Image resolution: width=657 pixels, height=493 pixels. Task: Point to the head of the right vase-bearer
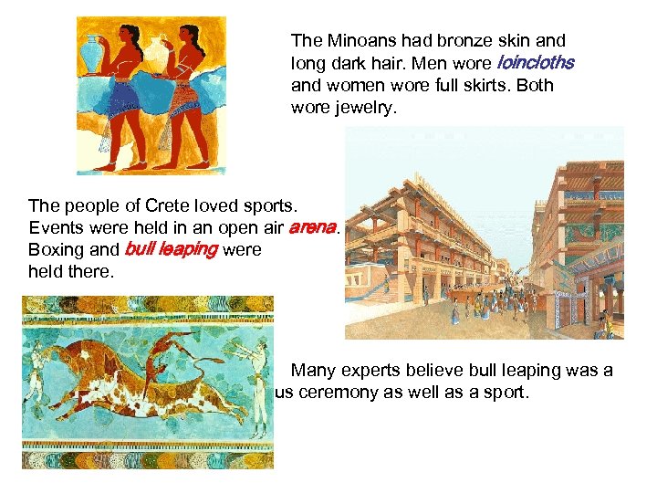(x=191, y=37)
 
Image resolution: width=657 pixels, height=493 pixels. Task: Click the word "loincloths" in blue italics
(x=535, y=64)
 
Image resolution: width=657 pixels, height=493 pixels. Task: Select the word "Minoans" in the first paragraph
(x=357, y=41)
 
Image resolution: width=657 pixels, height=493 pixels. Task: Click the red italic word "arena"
(x=312, y=227)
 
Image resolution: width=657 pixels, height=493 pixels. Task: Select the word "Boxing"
(x=55, y=249)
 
